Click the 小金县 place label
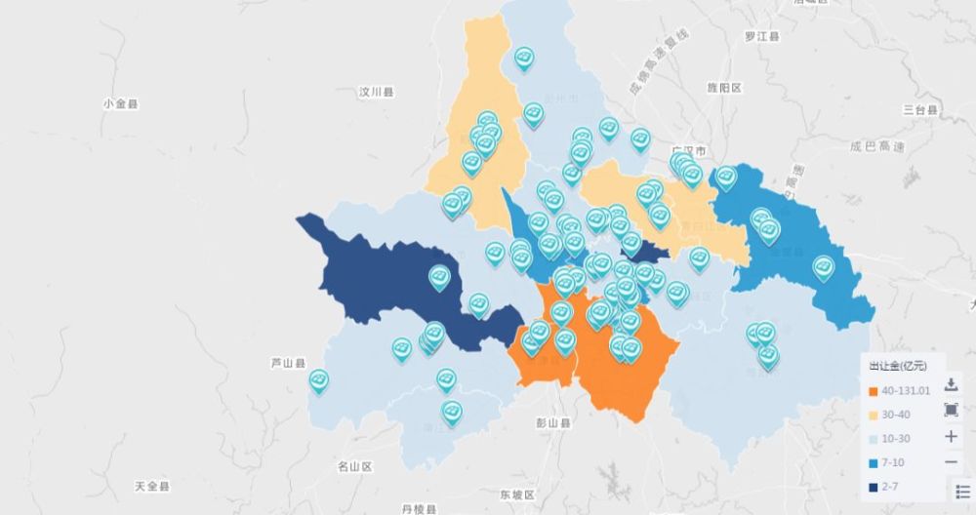pyautogui.click(x=119, y=103)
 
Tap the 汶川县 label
pyautogui.click(x=376, y=93)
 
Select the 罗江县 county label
pyautogui.click(x=762, y=37)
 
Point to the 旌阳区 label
pyautogui.click(x=724, y=88)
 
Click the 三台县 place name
pyautogui.click(x=919, y=108)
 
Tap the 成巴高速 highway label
pyautogui.click(x=877, y=147)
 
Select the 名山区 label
pyautogui.click(x=354, y=466)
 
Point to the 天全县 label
pyautogui.click(x=152, y=486)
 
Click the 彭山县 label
pyautogui.click(x=552, y=424)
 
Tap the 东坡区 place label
pyautogui.click(x=517, y=495)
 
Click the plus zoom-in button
pyautogui.click(x=952, y=436)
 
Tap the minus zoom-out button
pyautogui.click(x=952, y=461)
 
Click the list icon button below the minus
pyautogui.click(x=962, y=492)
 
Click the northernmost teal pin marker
pyautogui.click(x=524, y=58)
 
